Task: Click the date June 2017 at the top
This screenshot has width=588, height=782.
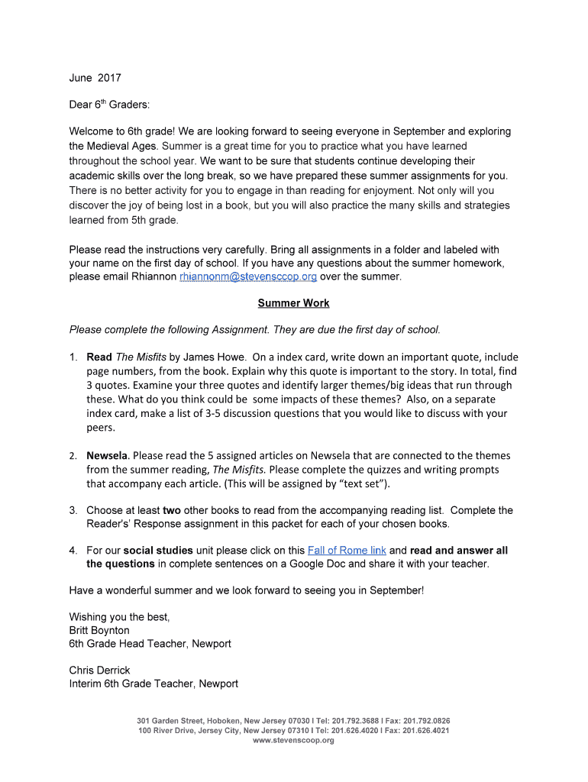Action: point(95,78)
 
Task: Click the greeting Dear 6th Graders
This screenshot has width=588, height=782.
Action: point(109,105)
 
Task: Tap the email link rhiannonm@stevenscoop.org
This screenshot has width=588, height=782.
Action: point(247,276)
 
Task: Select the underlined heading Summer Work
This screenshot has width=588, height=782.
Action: point(293,303)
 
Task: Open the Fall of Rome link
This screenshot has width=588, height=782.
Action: point(347,551)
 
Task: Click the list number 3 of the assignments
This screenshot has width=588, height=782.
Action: point(73,510)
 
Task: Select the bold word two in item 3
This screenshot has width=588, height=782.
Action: point(172,510)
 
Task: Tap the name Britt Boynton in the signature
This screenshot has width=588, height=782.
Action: point(99,631)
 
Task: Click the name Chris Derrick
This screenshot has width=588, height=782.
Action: point(99,671)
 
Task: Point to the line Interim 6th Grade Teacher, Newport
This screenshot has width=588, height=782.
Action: point(153,684)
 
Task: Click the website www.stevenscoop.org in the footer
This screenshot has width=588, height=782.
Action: point(293,741)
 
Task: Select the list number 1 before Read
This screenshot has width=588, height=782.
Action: point(73,357)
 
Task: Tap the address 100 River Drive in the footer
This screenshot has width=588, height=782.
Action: point(166,731)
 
